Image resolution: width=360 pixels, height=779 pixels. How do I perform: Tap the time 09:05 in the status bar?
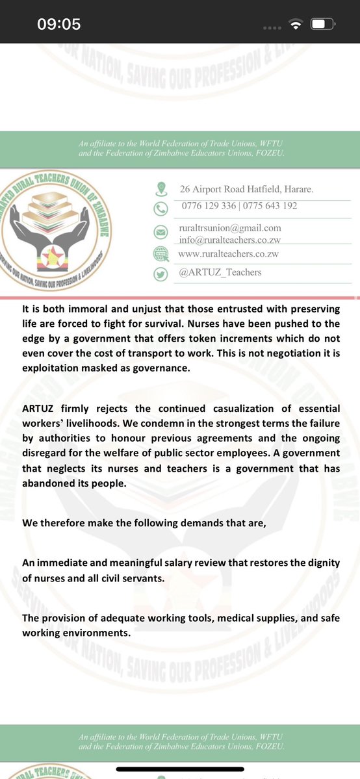pyautogui.click(x=58, y=24)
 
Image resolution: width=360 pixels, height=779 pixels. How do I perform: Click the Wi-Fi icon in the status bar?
pyautogui.click(x=296, y=25)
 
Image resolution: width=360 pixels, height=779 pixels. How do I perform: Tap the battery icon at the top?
pyautogui.click(x=322, y=25)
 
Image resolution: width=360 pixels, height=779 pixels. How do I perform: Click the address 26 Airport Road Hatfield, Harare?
pyautogui.click(x=246, y=190)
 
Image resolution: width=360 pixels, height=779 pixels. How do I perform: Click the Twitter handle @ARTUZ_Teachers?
pyautogui.click(x=220, y=273)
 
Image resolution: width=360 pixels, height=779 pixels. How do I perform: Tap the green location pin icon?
pyautogui.click(x=160, y=190)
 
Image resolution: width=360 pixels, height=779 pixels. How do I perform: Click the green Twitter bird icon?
pyautogui.click(x=160, y=274)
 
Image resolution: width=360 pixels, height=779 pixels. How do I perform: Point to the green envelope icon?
pyautogui.click(x=160, y=232)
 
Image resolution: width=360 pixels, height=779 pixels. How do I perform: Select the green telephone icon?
pyautogui.click(x=160, y=209)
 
